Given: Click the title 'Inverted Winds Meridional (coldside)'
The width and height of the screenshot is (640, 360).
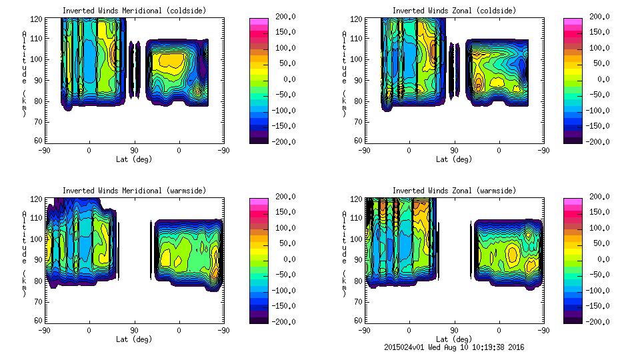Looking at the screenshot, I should click(x=134, y=11).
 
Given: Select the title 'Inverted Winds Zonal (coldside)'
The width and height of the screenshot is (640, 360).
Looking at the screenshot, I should click(x=454, y=11).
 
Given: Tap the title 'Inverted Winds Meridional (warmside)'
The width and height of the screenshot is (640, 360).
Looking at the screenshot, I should click(x=134, y=191).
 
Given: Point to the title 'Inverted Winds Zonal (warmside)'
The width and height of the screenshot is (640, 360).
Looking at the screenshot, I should click(x=454, y=191).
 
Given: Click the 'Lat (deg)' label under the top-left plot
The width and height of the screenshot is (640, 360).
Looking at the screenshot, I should click(x=134, y=159).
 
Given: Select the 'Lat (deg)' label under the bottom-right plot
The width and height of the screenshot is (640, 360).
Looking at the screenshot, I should click(x=454, y=339).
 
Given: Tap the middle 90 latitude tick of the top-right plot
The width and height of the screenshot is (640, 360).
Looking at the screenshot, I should click(x=454, y=150).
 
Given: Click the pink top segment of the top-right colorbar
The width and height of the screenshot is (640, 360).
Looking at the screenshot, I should click(x=573, y=21).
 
